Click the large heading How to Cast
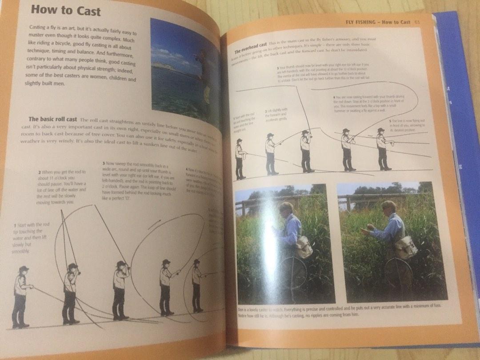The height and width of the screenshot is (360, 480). click(66, 11)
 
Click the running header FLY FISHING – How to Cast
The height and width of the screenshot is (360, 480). click(377, 22)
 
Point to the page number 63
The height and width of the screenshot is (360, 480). click(417, 22)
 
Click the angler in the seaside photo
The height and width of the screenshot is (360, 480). click(205, 76)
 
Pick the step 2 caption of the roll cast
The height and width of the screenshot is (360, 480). click(62, 187)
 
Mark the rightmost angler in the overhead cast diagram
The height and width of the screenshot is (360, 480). click(382, 149)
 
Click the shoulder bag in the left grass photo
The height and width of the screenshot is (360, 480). click(304, 247)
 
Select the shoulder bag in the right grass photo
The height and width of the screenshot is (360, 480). click(407, 247)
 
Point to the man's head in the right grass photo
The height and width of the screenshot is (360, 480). click(389, 208)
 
